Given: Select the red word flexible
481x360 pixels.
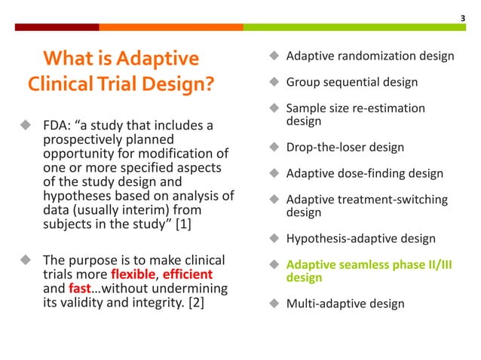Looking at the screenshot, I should (136, 275).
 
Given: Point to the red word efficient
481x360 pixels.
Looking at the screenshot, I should (188, 275).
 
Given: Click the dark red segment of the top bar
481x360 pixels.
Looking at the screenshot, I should (57, 26).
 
